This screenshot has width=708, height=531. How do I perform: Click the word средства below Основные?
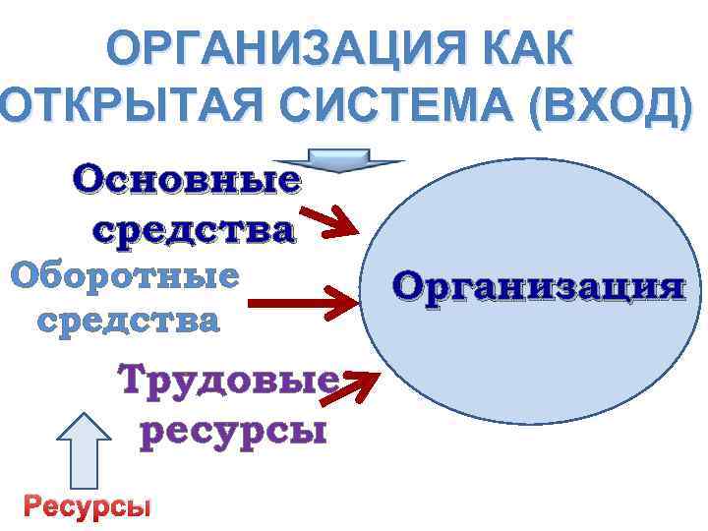193,230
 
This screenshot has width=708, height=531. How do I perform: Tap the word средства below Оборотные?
129,320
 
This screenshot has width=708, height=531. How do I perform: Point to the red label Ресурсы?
88,506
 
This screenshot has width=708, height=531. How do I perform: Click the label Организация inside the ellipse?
538,286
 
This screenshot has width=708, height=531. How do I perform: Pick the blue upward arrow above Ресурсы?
86,449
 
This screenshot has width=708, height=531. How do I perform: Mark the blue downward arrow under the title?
337,159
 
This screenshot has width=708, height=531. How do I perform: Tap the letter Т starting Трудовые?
134,379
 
